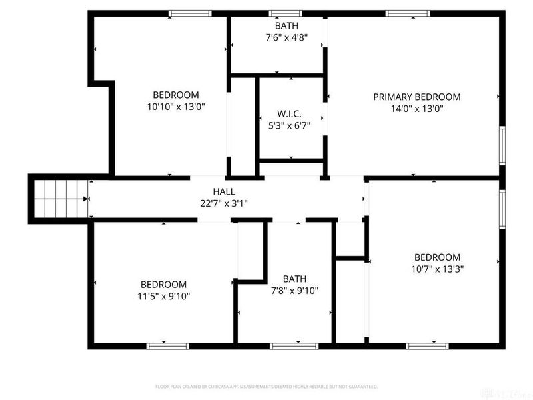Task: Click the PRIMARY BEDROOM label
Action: (416, 97)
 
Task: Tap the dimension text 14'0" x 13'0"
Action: (416, 109)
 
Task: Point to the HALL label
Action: (223, 191)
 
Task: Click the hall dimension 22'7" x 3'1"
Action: (223, 203)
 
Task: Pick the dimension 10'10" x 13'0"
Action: (175, 107)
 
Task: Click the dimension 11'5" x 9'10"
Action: (163, 297)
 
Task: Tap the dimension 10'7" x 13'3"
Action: (437, 269)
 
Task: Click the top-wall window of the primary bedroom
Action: (408, 13)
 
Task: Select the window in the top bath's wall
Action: (285, 13)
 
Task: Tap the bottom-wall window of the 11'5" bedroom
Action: (168, 345)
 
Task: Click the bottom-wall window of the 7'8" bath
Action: (294, 345)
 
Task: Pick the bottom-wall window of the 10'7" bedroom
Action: (426, 345)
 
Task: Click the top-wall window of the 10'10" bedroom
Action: (190, 13)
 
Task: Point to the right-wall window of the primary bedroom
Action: (502, 145)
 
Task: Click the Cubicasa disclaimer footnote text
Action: (266, 386)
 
